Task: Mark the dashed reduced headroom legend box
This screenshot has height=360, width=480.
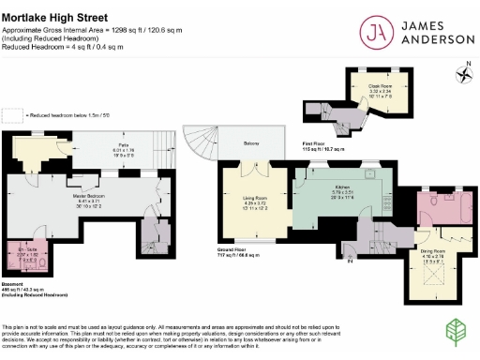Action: pos(11,113)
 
